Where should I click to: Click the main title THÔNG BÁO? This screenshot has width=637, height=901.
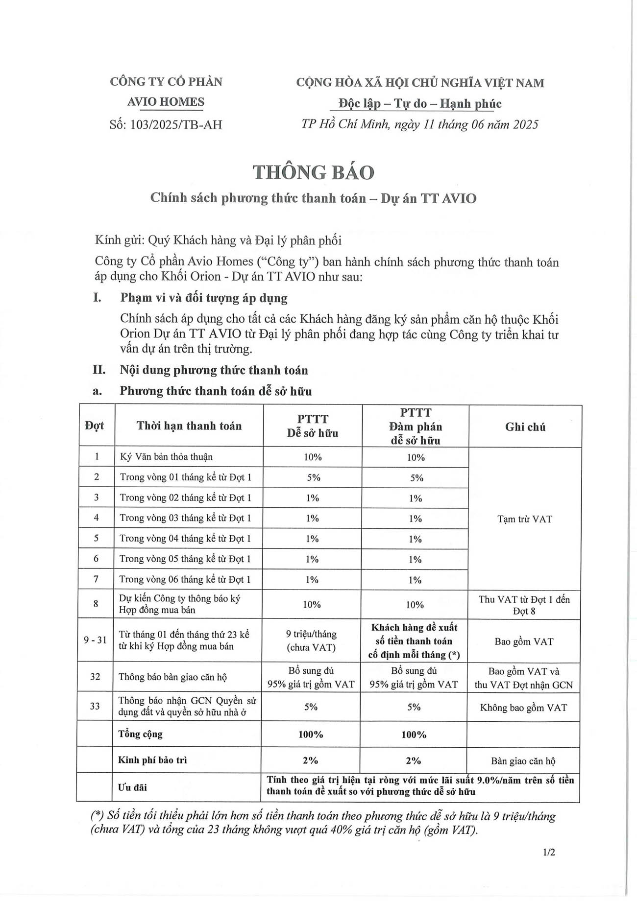click(314, 172)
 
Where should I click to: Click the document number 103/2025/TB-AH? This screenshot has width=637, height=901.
click(166, 124)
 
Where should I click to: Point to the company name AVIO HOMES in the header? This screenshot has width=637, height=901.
click(166, 102)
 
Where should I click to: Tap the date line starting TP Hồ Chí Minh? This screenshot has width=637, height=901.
click(420, 124)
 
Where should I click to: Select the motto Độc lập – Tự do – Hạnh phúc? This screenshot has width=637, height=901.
click(420, 103)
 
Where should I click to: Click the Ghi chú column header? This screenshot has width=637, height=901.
click(525, 427)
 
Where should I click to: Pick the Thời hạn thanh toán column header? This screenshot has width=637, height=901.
click(189, 426)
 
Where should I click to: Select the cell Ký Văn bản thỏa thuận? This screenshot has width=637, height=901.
click(167, 457)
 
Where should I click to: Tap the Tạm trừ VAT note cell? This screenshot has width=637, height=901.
click(524, 519)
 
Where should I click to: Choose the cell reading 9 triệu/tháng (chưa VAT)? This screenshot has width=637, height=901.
click(311, 640)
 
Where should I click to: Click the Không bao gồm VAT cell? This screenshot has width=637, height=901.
click(523, 707)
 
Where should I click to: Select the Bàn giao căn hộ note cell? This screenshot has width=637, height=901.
click(523, 761)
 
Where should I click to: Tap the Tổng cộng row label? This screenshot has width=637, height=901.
click(140, 734)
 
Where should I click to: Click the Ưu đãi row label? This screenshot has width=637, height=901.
click(132, 787)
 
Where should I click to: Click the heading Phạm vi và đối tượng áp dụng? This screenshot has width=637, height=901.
click(204, 298)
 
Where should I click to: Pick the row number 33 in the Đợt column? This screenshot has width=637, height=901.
click(95, 706)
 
